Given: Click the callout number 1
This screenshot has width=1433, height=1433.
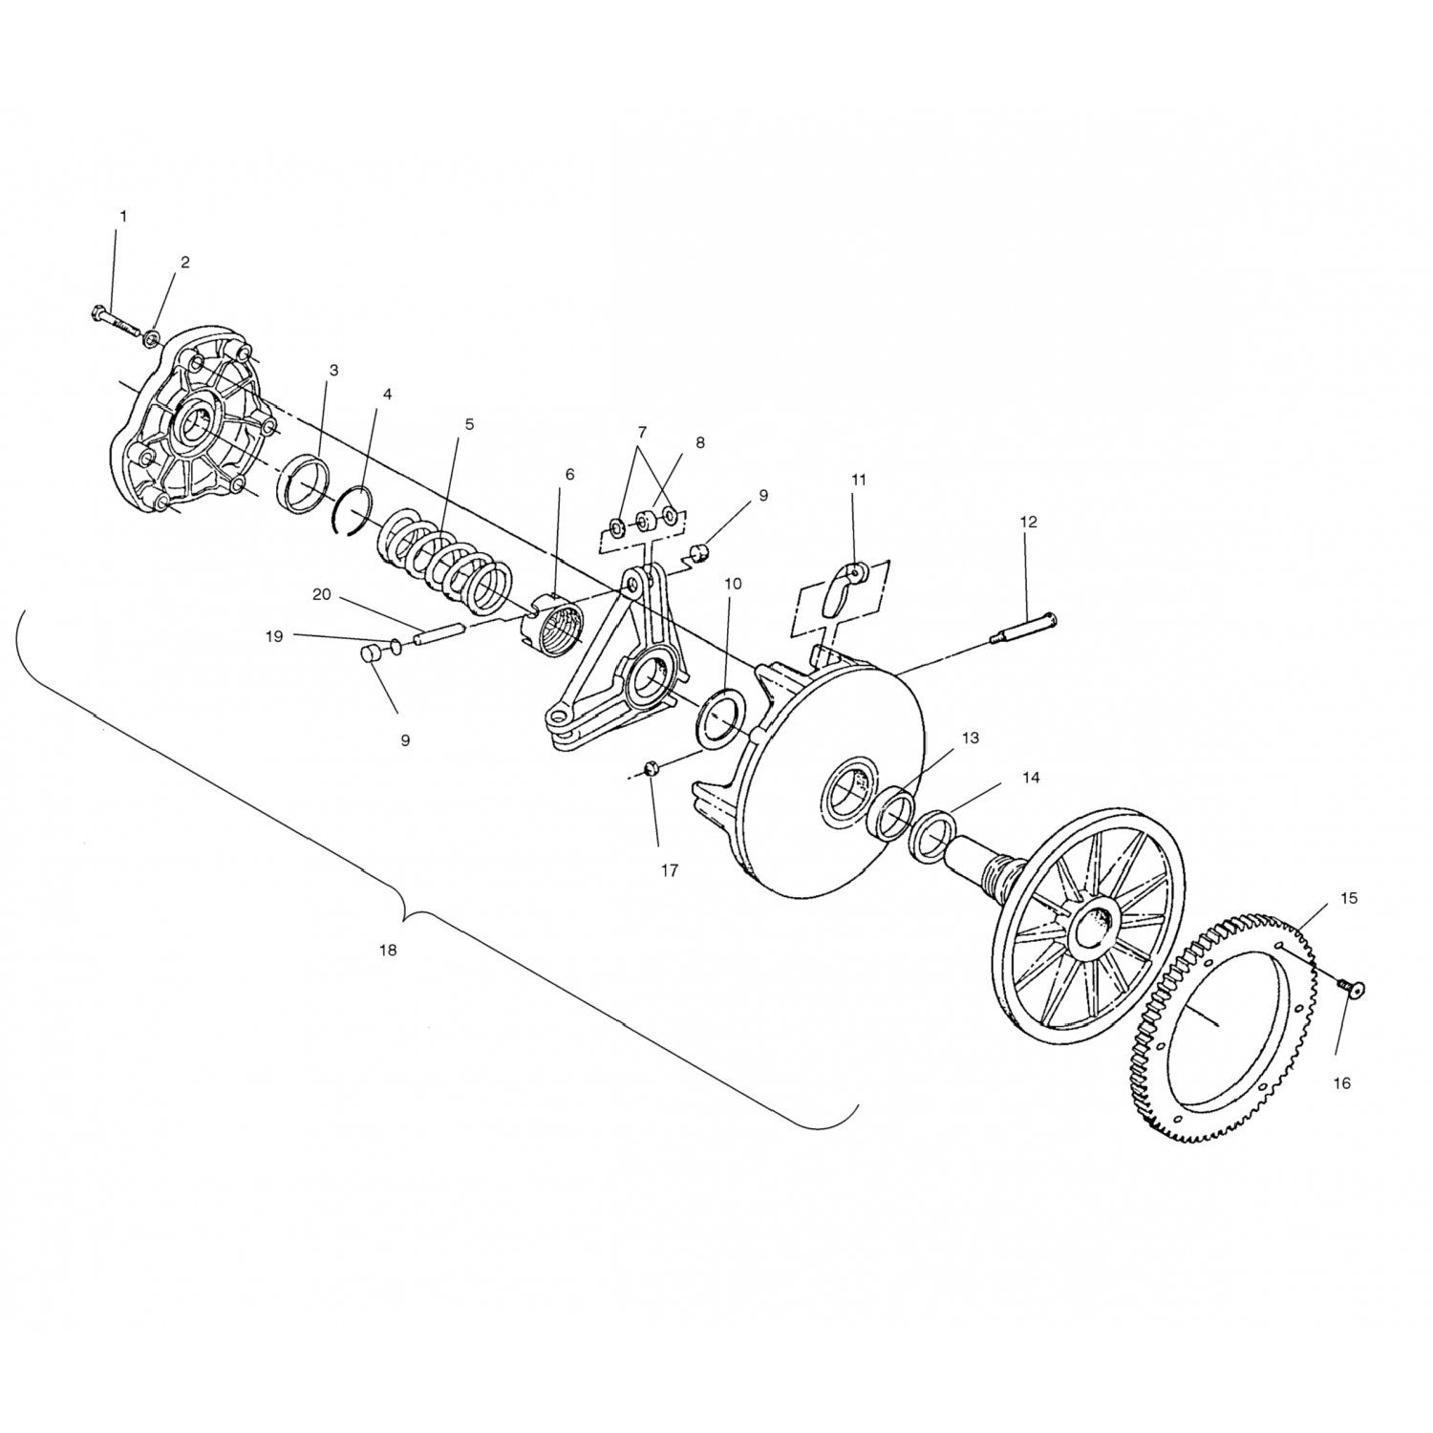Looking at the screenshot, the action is tap(122, 217).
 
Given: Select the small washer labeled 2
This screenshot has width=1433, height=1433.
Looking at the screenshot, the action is tap(152, 338).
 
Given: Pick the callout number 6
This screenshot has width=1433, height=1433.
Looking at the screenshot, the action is tap(570, 474).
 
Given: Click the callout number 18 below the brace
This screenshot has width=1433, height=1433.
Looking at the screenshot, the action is tap(387, 951).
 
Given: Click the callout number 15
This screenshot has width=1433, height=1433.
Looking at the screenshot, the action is tap(1349, 898).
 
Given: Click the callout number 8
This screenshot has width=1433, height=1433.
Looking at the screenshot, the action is tap(700, 443).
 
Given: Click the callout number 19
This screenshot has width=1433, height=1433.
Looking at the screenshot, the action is tap(275, 636).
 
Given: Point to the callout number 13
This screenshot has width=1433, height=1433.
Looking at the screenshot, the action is tap(971, 738).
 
